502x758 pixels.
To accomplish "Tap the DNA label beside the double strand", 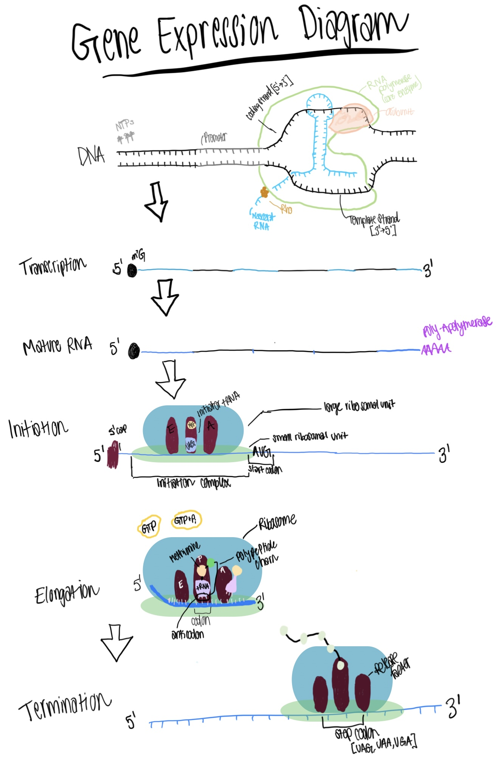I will coord(91,156).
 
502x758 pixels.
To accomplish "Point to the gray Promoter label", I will coord(214,138).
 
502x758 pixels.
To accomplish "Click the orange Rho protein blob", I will coord(264,192).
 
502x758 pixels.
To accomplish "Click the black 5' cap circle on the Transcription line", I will coord(132,270).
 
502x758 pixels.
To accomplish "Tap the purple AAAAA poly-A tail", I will coord(436,349).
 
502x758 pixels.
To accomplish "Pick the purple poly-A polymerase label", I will coord(457,327).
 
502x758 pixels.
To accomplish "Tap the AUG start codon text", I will coord(262,452).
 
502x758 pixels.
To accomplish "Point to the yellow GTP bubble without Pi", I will coord(149,526).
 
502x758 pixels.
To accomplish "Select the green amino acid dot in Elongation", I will coord(211,563).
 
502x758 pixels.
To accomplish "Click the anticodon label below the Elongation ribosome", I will coord(188,635).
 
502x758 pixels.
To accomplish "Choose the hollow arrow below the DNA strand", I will coord(156,201).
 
